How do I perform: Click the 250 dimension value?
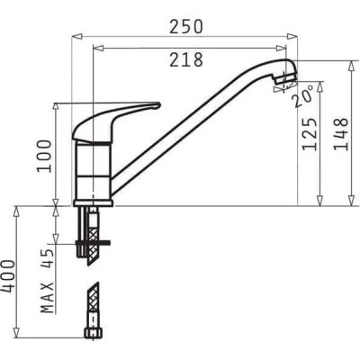[x=185, y=26]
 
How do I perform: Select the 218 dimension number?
[x=185, y=59]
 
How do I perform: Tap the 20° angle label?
[x=302, y=95]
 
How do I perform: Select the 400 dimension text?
[x=8, y=280]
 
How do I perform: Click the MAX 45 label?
[x=48, y=280]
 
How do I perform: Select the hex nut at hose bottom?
[x=92, y=332]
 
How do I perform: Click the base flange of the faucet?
[x=92, y=202]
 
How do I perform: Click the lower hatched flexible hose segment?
[x=92, y=301]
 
